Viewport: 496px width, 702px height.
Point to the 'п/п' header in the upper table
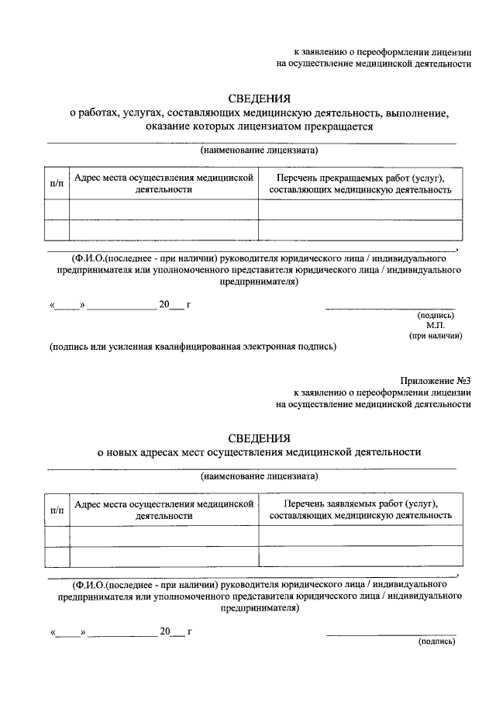pos(57,184)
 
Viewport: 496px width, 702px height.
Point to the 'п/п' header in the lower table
pos(57,510)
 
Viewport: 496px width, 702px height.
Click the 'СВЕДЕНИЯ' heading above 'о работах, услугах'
pos(259,99)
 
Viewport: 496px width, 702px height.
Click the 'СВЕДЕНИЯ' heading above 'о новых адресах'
pos(259,437)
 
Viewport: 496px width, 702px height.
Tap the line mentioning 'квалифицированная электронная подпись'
pos(193,347)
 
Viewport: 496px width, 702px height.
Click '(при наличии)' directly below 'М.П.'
pos(436,336)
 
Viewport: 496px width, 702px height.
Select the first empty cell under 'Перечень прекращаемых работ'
pos(360,209)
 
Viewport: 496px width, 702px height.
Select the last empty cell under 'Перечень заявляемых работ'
pos(360,557)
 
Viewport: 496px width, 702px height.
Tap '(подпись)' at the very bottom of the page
pos(436,641)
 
